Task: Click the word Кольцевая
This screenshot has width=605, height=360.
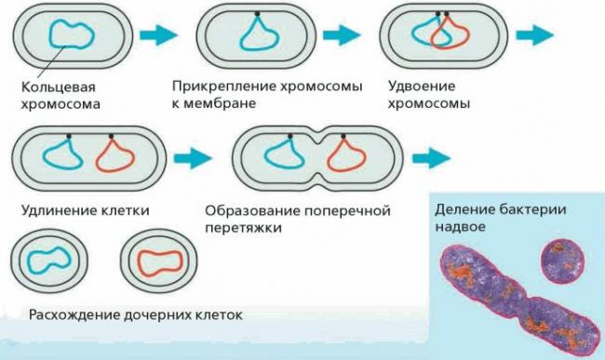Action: pyautogui.click(x=53, y=90)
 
